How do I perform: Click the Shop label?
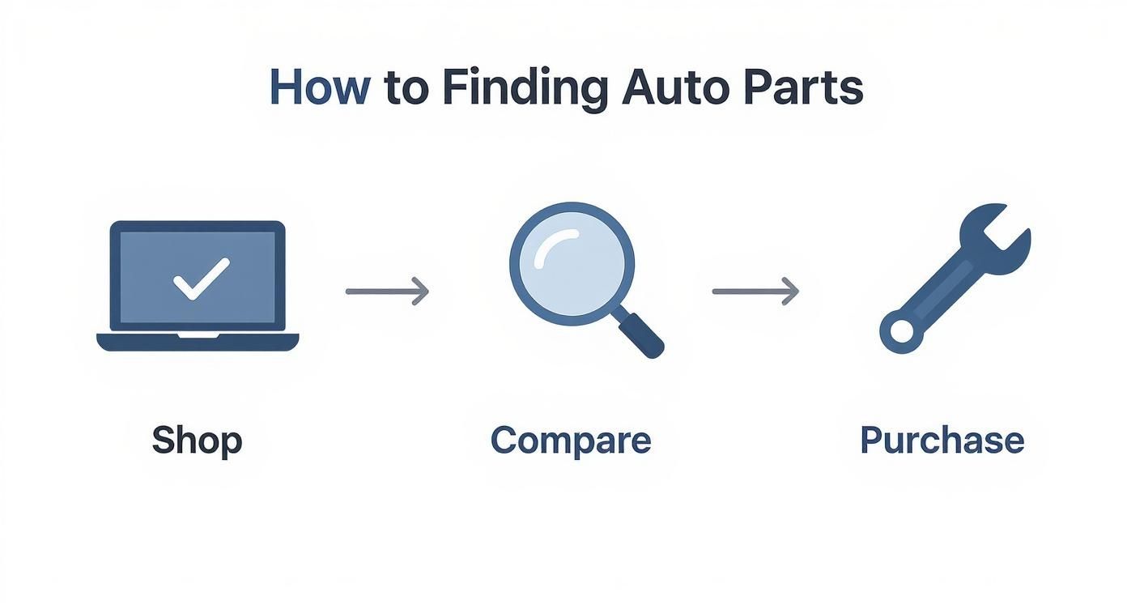click(197, 441)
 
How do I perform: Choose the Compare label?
click(571, 441)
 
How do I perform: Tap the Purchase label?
click(942, 441)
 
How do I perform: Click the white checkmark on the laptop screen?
click(201, 279)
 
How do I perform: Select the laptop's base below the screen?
click(198, 342)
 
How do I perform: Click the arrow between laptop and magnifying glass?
click(387, 291)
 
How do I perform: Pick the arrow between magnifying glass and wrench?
click(755, 291)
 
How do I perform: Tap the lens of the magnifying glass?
click(572, 264)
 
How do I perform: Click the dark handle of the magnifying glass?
click(641, 334)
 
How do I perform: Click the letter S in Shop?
click(163, 441)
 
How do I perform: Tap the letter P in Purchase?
click(870, 440)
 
